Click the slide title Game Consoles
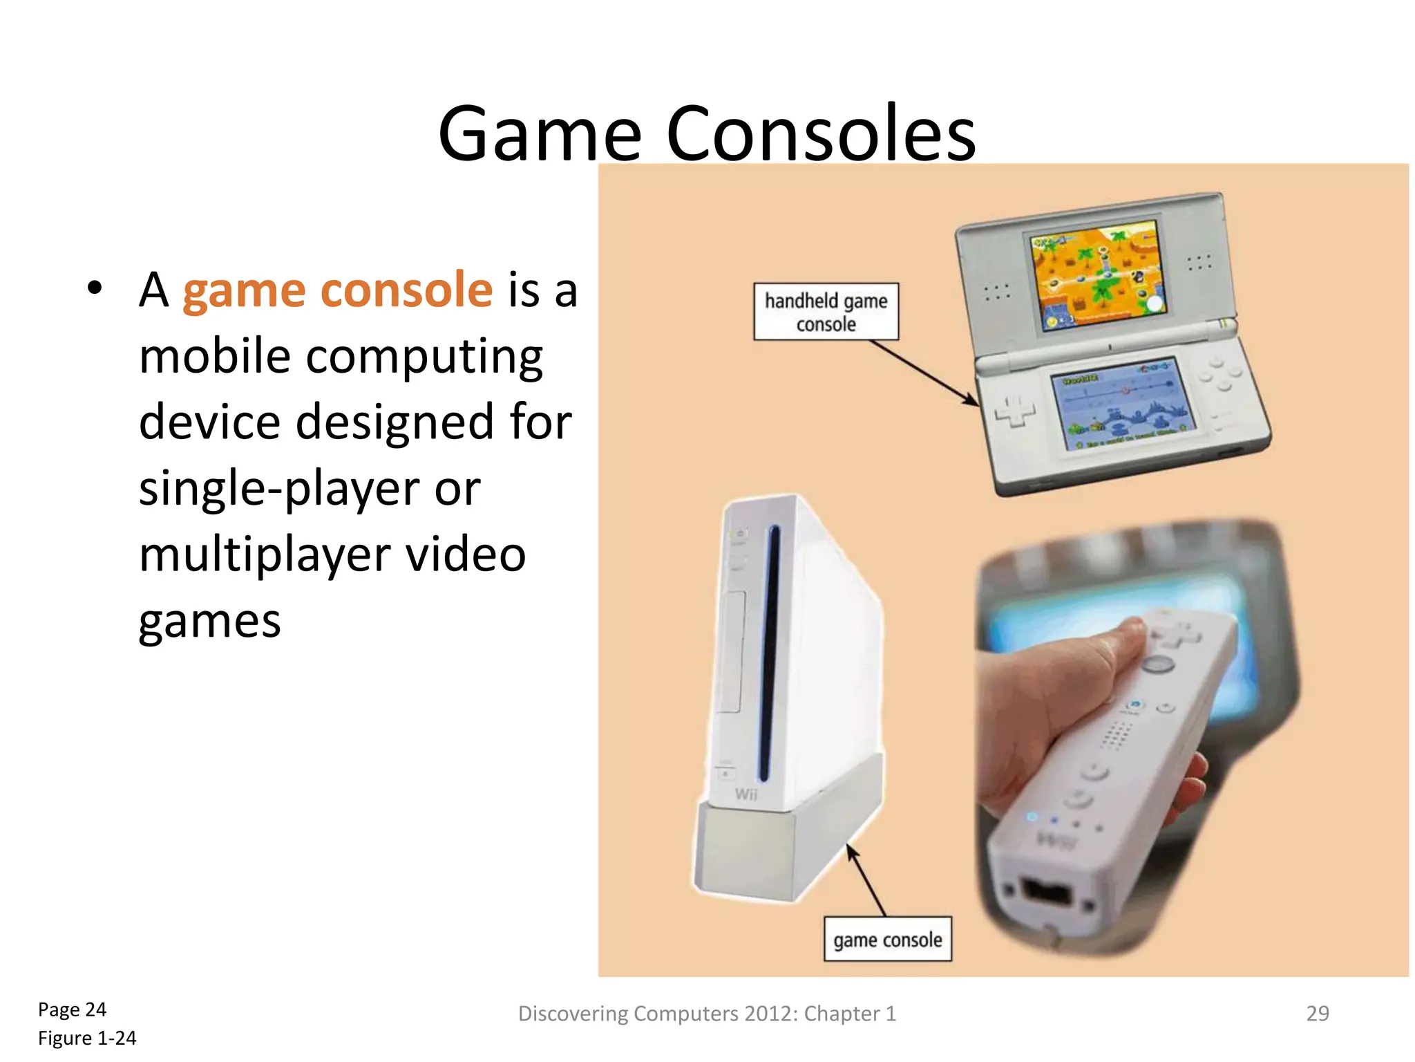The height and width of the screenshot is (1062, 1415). [x=706, y=133]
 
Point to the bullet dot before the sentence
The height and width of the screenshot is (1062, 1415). [x=95, y=288]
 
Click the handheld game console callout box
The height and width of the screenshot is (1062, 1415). [x=826, y=311]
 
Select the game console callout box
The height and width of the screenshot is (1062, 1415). [x=887, y=939]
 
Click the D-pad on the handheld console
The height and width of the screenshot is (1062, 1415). [x=1014, y=412]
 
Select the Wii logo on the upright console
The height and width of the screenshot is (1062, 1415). [x=746, y=794]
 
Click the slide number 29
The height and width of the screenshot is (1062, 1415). [x=1317, y=1013]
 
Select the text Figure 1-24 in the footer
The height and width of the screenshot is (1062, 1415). [x=87, y=1038]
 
